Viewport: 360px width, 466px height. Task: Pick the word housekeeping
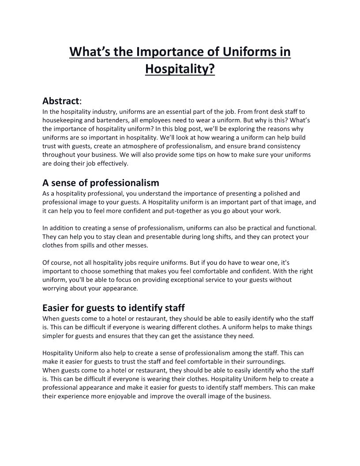click(62, 120)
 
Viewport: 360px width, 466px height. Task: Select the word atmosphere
click(140, 146)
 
